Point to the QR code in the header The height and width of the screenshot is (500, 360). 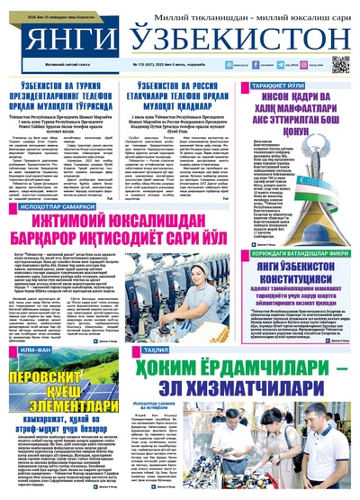coord(340,64)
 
